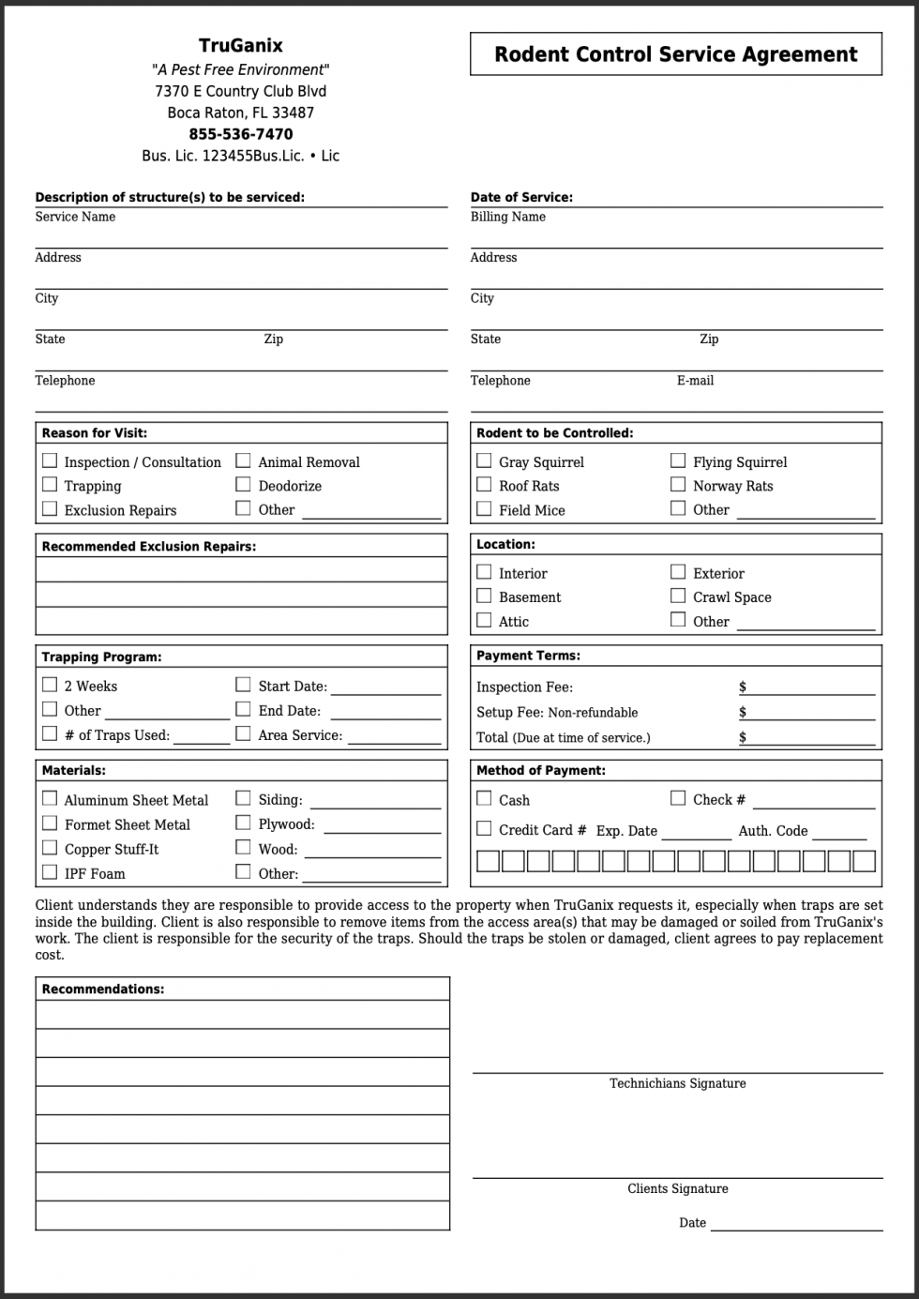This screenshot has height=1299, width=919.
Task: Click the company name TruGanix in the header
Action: coord(240,45)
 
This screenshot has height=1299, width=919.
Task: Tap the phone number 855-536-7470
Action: coord(240,134)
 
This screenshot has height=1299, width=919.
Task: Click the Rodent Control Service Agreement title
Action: coord(675,54)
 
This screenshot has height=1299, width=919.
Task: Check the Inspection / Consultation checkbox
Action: coord(50,461)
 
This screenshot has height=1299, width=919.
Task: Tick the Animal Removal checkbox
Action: coord(243,461)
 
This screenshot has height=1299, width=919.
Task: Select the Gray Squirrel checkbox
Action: coord(484,461)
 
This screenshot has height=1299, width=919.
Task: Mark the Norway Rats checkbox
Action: coord(678,484)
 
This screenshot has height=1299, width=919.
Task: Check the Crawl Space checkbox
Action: coord(678,596)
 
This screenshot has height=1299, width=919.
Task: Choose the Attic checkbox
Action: coord(484,620)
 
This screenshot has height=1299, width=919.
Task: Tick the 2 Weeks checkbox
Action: coord(50,685)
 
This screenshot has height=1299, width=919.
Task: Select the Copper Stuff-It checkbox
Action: coord(50,848)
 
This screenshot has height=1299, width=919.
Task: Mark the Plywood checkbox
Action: coord(243,823)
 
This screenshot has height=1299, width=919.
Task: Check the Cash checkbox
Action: coord(484,798)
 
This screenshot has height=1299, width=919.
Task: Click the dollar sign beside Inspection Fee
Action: coord(743,687)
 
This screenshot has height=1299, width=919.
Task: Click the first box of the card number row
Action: coord(488,861)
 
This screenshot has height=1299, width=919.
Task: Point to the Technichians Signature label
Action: coord(677,1083)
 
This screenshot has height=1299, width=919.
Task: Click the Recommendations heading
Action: coord(103,989)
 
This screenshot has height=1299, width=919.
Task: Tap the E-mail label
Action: coord(695,381)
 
